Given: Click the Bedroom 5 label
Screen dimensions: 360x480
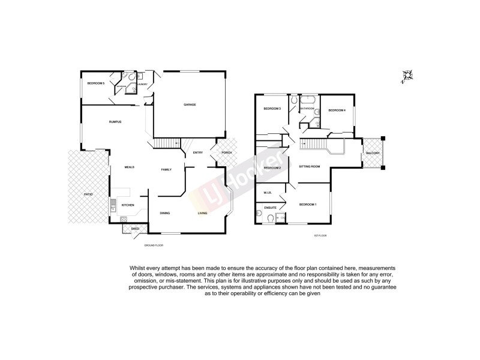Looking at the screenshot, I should click(x=95, y=83).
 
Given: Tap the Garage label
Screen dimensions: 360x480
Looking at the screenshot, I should click(x=190, y=105).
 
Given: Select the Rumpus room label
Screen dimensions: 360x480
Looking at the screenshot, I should click(x=115, y=122).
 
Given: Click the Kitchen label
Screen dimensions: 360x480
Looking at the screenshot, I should click(x=128, y=205).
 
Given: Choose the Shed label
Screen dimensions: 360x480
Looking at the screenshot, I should click(x=135, y=229).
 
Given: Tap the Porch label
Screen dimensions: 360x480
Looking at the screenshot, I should click(x=226, y=152).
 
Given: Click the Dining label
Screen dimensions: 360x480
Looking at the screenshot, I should click(x=165, y=213).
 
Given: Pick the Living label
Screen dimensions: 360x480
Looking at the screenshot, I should click(x=203, y=213).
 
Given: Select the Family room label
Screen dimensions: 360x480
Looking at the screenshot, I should click(x=166, y=170).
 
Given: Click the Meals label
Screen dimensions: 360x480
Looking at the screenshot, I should click(x=129, y=167).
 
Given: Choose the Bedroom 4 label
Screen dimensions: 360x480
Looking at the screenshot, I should click(x=337, y=110).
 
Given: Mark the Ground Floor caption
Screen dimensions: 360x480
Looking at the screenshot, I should click(x=154, y=246).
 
